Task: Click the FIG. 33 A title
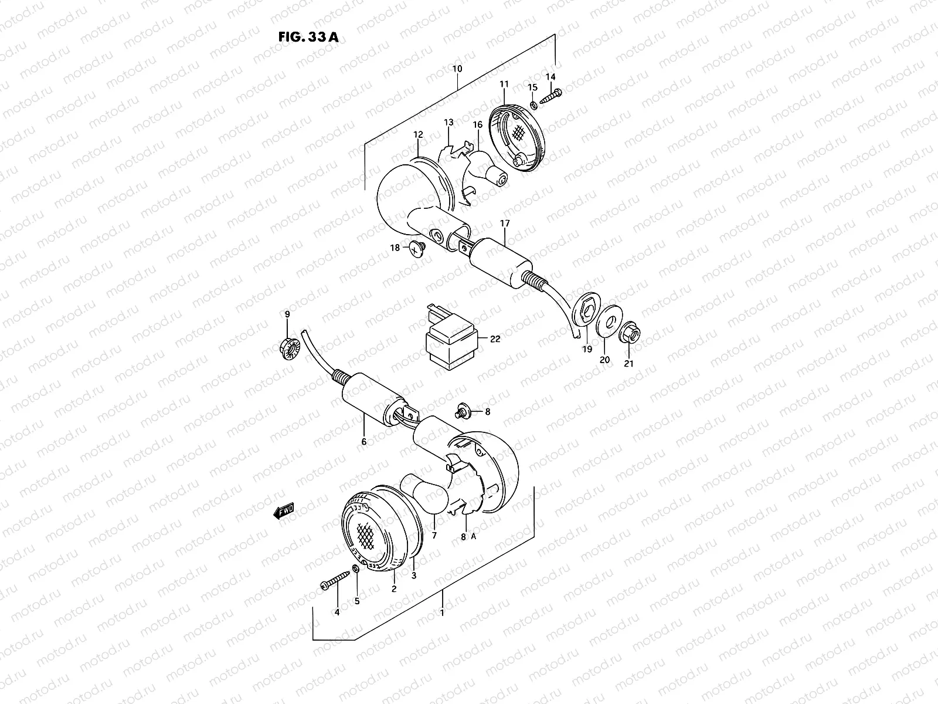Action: tap(308, 37)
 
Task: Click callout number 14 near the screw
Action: tap(550, 77)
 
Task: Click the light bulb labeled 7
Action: tap(425, 496)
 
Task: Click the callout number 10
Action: tap(457, 69)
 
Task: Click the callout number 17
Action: tap(505, 224)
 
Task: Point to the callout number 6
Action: tap(363, 441)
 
